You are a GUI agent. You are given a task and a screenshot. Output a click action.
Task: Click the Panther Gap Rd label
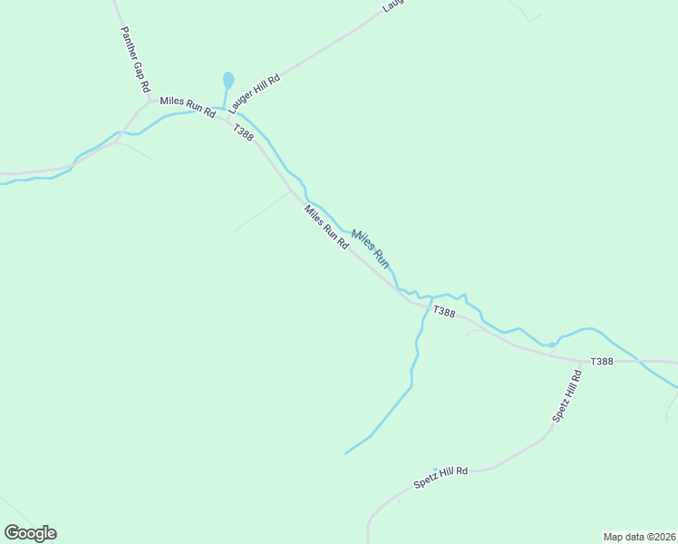click(x=134, y=59)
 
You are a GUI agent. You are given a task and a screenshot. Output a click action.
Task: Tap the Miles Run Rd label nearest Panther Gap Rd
click(x=188, y=107)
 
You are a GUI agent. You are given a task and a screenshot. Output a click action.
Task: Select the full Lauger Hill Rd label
click(x=256, y=93)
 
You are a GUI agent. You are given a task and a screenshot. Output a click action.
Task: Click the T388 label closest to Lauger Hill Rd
click(x=243, y=131)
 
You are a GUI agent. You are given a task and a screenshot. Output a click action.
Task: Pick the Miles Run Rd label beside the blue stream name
click(x=326, y=228)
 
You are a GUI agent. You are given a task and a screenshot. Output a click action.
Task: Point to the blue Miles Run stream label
click(x=370, y=248)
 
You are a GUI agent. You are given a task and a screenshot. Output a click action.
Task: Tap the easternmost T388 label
click(x=602, y=362)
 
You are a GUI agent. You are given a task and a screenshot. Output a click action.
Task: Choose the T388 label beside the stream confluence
click(x=443, y=312)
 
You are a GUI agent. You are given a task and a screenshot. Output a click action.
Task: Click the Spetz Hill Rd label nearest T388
click(x=566, y=396)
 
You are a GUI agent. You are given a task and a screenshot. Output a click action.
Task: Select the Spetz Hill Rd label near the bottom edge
click(x=441, y=477)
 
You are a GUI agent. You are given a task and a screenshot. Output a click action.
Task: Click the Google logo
click(x=30, y=533)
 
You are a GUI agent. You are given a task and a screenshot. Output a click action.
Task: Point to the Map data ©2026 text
click(x=639, y=537)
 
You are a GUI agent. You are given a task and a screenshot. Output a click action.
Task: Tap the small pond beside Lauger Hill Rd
click(x=228, y=80)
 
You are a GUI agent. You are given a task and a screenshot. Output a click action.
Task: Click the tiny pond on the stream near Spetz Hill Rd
click(x=550, y=345)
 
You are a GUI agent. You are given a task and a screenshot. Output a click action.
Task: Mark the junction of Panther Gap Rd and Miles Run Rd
click(x=150, y=101)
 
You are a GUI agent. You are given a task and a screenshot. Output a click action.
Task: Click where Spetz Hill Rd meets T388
click(x=581, y=361)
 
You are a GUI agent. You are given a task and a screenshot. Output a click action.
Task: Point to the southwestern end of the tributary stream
click(x=345, y=453)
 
